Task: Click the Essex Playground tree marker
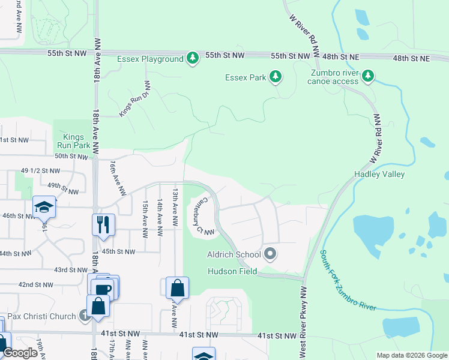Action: pos(192,58)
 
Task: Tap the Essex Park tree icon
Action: pos(276,76)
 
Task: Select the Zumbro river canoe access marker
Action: pos(369,76)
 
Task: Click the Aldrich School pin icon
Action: pos(270,254)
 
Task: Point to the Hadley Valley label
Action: pos(379,174)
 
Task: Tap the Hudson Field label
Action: pos(232,271)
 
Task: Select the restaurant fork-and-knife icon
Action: pos(103,224)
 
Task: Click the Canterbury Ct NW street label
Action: pos(205,216)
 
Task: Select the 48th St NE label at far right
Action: pos(412,58)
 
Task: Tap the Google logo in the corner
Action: pos(20,353)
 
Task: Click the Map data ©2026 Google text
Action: pos(411,355)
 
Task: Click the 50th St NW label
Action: pos(71,156)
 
